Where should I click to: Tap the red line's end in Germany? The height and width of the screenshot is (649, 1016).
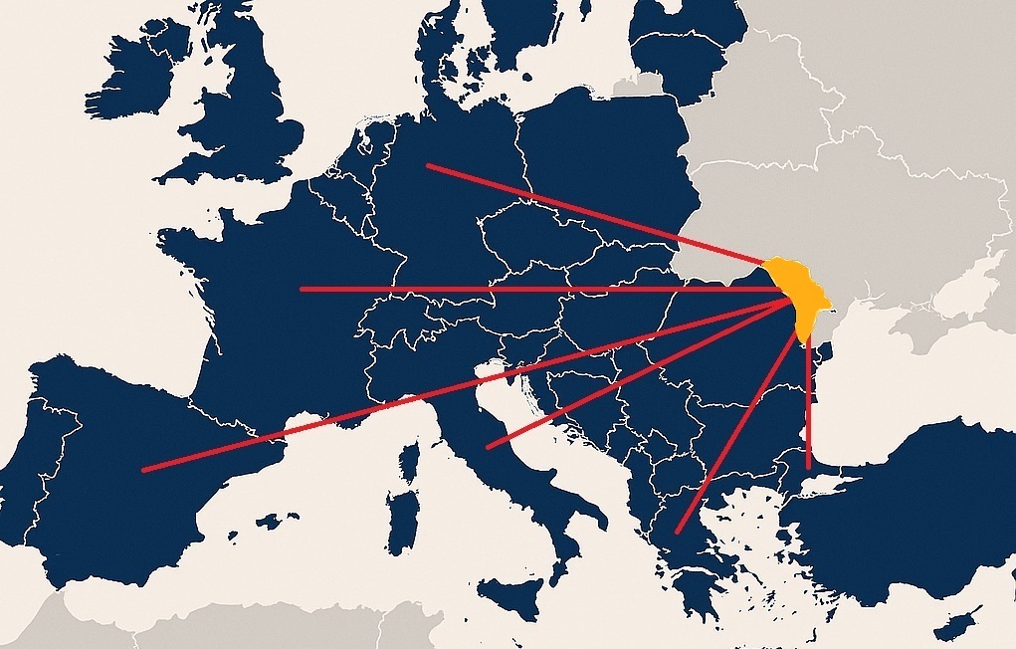click(428, 165)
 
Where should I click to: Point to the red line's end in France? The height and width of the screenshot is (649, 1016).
click(302, 290)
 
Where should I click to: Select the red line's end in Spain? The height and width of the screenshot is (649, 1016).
click(143, 469)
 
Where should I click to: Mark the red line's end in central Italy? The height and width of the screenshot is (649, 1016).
click(488, 447)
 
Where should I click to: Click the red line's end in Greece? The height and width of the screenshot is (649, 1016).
click(677, 532)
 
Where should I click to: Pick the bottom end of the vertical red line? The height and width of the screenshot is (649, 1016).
click(808, 466)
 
